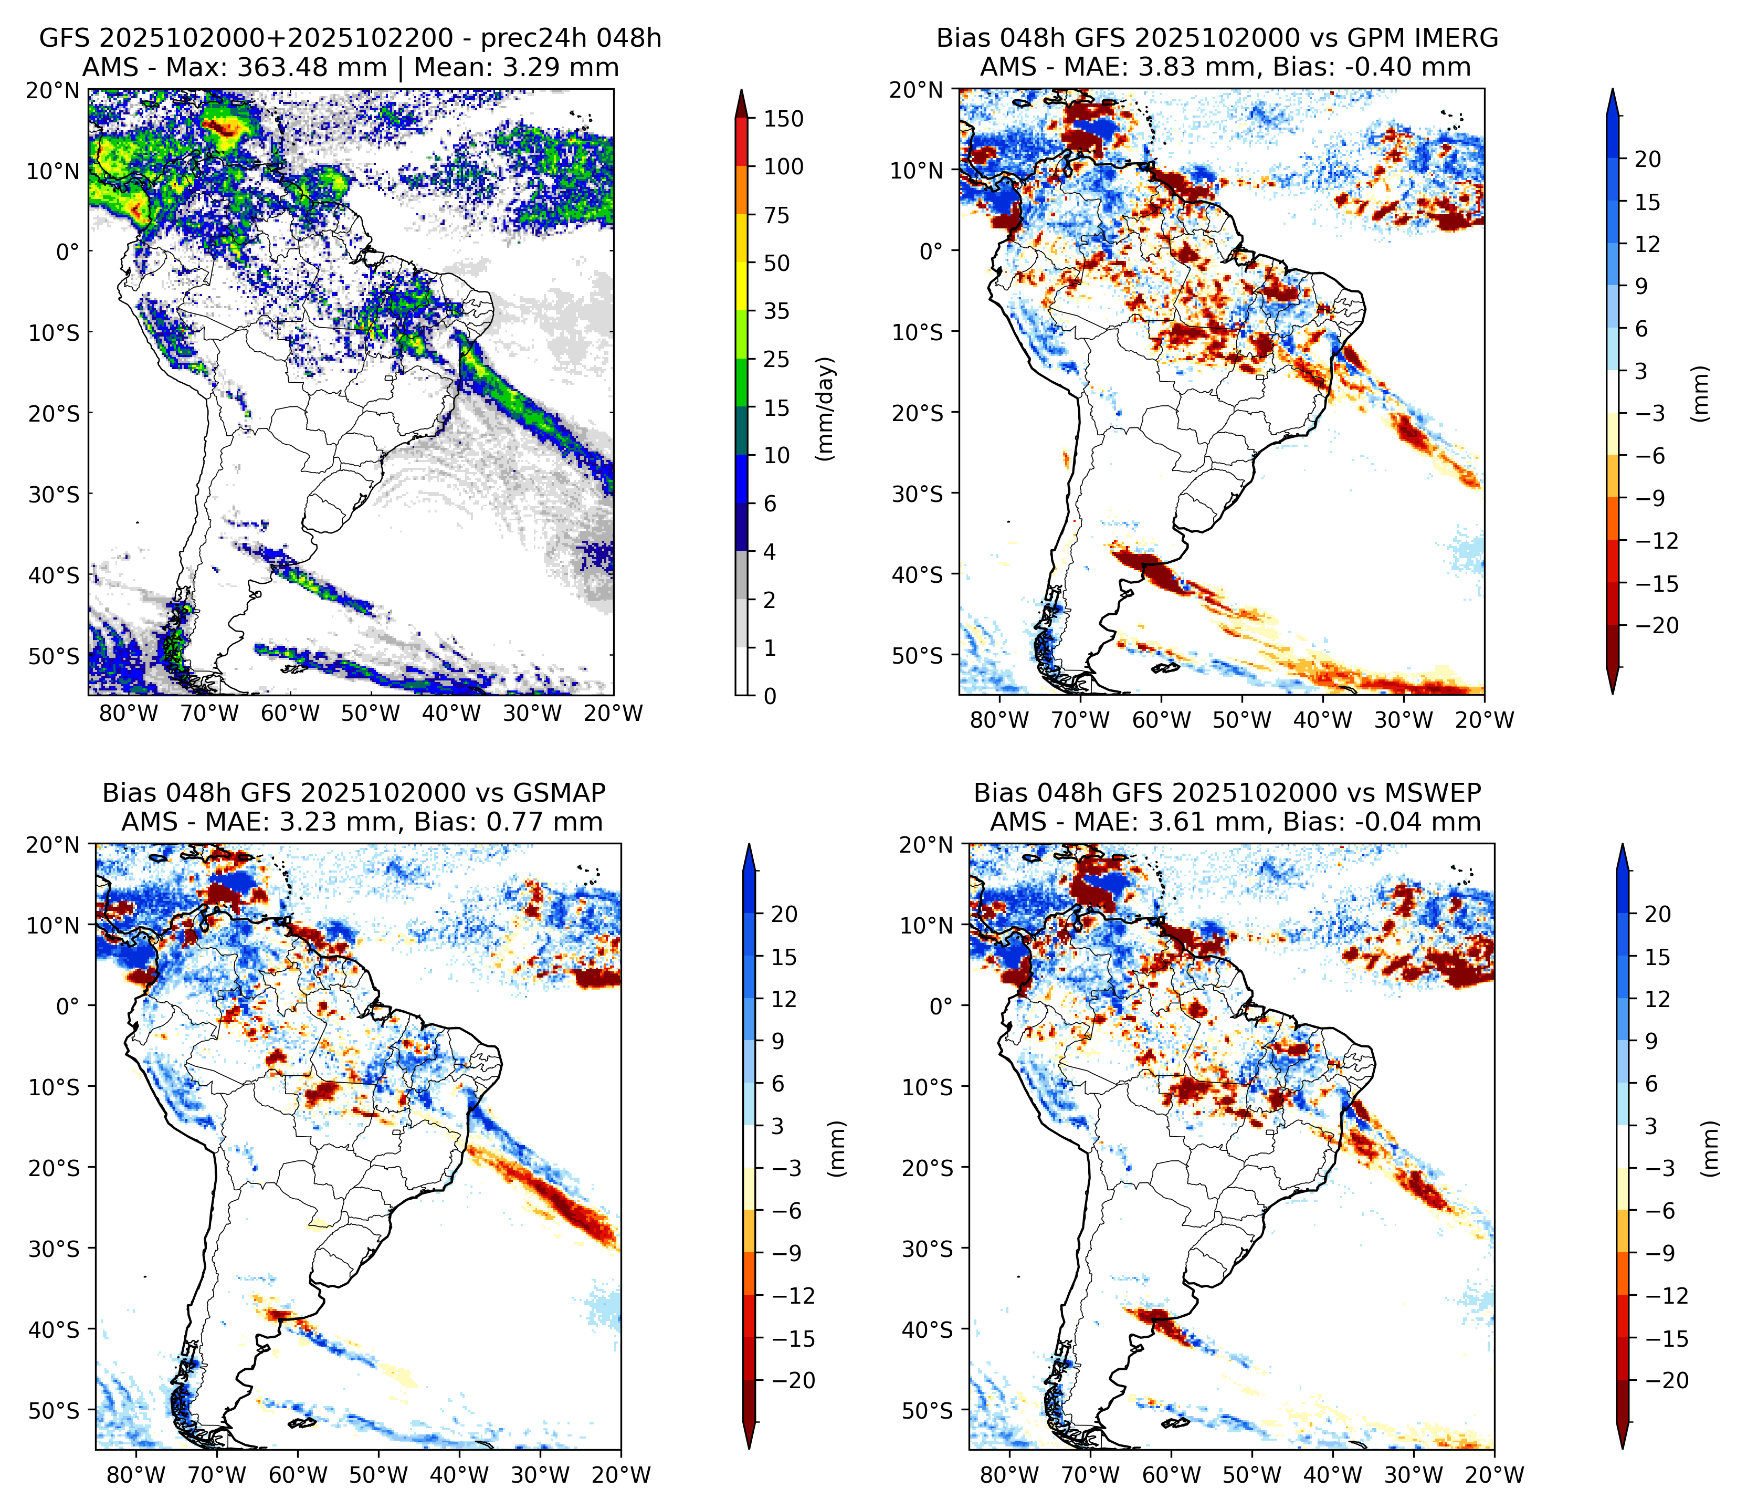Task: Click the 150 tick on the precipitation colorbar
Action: click(783, 119)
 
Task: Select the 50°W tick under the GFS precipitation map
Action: click(371, 714)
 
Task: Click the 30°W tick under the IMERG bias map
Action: click(1404, 720)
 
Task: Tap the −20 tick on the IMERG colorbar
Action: click(1657, 626)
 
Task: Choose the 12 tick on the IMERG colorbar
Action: click(1647, 245)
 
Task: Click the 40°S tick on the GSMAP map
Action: click(54, 1329)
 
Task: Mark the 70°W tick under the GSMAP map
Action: click(217, 1475)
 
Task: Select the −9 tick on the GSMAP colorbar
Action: click(787, 1253)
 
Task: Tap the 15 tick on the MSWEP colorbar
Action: click(1658, 957)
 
